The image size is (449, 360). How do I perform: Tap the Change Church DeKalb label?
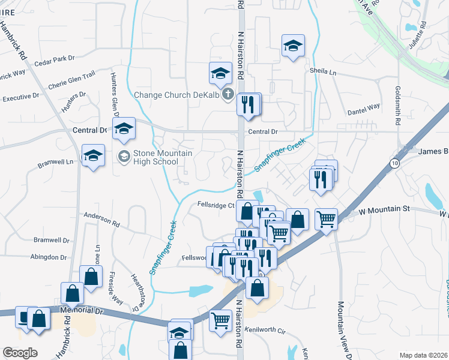[177, 94]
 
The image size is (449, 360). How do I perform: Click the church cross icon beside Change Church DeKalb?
[228, 94]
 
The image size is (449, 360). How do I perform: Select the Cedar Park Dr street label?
[54, 59]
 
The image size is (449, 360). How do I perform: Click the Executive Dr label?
[20, 97]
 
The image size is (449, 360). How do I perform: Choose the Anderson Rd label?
[102, 218]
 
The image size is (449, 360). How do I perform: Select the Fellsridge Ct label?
[214, 205]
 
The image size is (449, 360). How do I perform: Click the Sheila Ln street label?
[324, 71]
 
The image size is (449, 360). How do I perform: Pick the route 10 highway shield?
[394, 163]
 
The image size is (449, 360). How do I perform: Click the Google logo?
[19, 353]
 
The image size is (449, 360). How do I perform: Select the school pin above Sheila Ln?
[293, 46]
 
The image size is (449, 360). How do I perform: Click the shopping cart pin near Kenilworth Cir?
[220, 320]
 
